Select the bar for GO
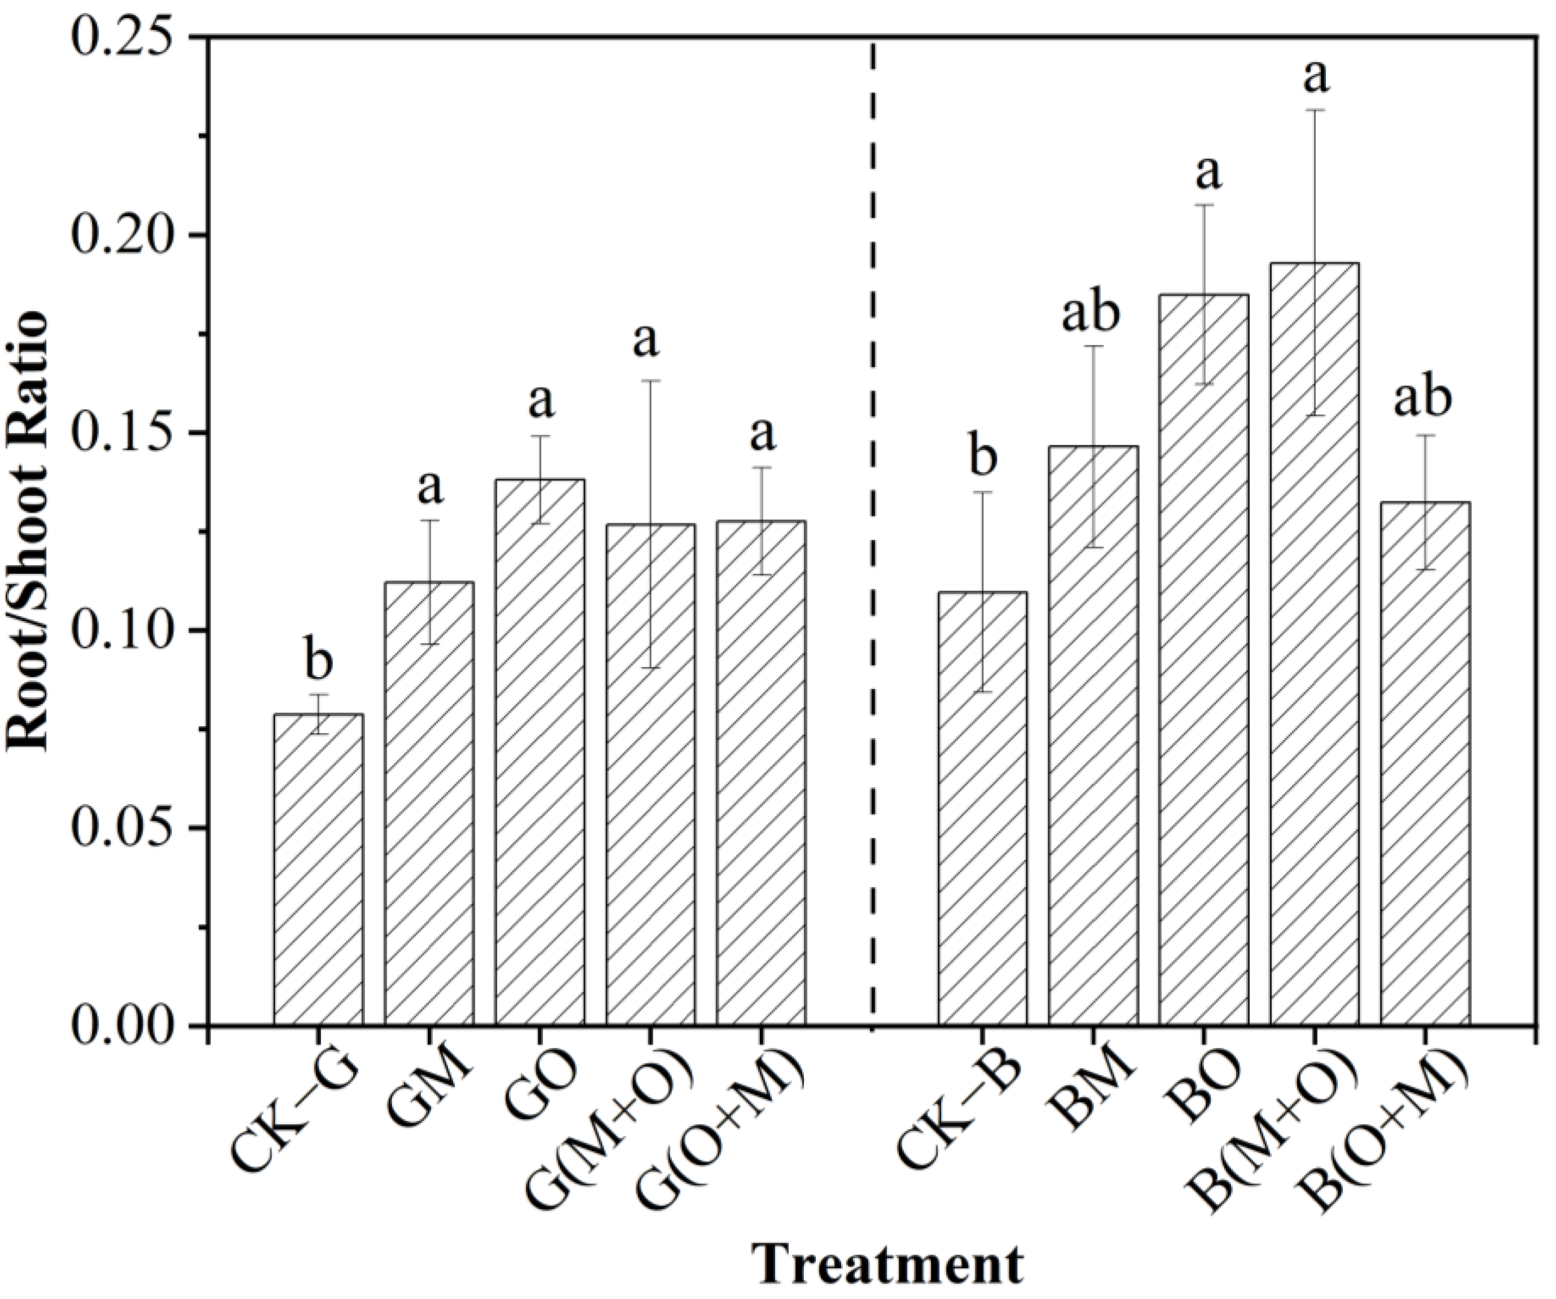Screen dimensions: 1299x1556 (540, 752)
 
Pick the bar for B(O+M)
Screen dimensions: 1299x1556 (1426, 763)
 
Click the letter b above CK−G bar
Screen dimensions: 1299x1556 (319, 662)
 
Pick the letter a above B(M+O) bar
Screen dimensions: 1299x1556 (1316, 78)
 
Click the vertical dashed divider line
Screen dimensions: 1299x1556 (872, 519)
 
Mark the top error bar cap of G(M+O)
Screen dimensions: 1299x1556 (650, 381)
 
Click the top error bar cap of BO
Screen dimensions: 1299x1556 (1204, 204)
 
